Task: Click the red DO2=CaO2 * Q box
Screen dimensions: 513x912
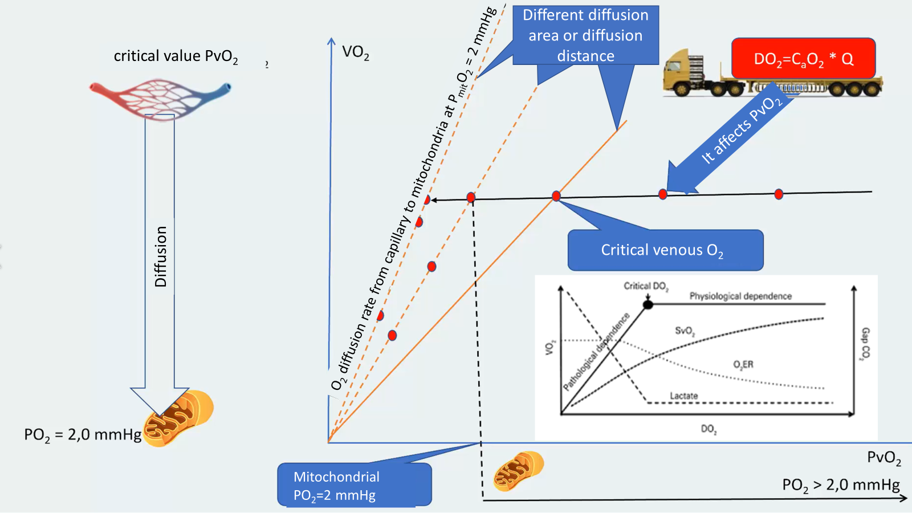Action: (803, 58)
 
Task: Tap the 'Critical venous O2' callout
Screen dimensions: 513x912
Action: (665, 250)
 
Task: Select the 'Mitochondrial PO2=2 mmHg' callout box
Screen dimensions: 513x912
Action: (354, 485)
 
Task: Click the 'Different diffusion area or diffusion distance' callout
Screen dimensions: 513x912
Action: (585, 35)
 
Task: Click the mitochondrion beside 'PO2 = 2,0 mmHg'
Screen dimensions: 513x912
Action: (178, 418)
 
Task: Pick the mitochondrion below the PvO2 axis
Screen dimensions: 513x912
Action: (518, 471)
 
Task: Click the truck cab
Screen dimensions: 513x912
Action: (684, 71)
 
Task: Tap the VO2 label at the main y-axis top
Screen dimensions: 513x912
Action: (356, 52)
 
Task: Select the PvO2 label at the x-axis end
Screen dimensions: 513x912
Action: (883, 457)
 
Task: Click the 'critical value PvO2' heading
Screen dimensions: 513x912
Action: (176, 56)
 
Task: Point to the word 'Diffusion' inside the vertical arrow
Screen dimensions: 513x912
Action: (161, 256)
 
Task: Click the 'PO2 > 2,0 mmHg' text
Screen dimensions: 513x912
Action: (841, 485)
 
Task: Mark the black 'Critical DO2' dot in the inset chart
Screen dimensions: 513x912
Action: (648, 305)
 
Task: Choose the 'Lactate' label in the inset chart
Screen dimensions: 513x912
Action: (683, 396)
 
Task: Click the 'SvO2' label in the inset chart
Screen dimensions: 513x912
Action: (685, 331)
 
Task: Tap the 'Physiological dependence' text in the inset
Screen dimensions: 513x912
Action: (740, 296)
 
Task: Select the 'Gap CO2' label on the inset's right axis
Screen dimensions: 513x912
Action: (865, 344)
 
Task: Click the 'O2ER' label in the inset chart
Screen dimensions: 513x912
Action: (743, 364)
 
